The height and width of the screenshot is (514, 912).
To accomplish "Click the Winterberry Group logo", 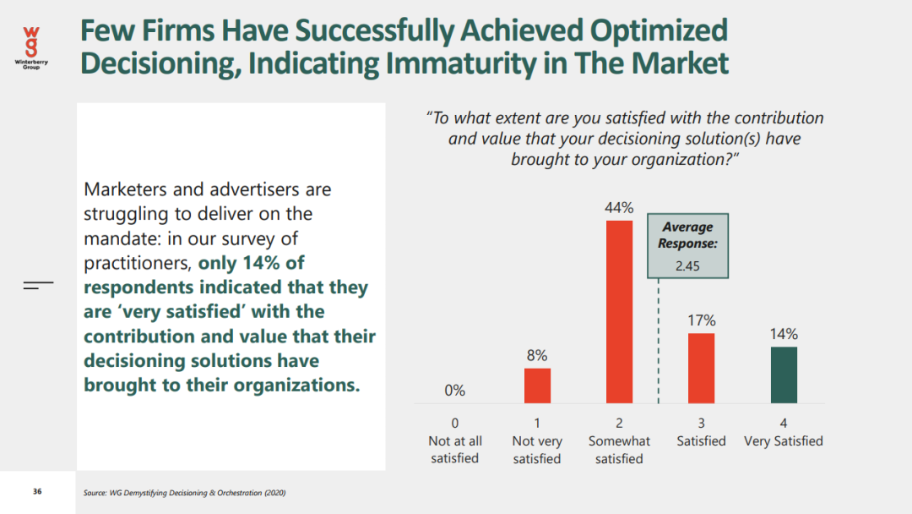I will (31, 46).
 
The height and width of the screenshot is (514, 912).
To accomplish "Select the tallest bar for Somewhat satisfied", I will (619, 311).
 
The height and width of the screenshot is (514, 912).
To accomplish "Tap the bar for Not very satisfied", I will (537, 385).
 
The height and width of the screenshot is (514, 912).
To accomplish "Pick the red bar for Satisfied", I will (701, 368).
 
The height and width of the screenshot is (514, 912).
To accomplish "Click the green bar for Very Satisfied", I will (784, 375).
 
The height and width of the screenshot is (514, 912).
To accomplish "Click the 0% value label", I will (454, 391).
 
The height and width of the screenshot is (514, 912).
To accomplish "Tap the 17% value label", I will (701, 320).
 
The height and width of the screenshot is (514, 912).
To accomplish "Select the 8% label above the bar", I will (537, 356).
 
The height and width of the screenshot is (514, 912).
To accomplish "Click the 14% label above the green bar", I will (784, 334).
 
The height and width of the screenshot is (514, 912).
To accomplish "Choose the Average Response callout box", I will (688, 246).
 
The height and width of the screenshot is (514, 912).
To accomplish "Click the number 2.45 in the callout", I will (688, 266).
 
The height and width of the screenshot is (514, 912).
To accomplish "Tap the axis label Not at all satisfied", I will (455, 449).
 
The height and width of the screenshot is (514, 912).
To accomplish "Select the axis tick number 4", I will (784, 423).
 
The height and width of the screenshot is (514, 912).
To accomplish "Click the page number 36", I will (37, 491).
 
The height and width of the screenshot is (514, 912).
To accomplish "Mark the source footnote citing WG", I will (184, 493).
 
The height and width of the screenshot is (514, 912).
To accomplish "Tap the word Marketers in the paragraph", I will (122, 189).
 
